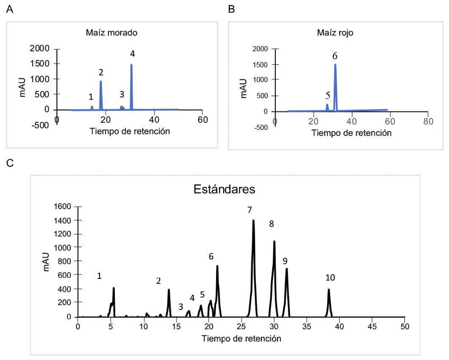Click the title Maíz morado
112,33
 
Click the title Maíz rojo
335,33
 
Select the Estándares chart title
225,190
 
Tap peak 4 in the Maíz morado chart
131,66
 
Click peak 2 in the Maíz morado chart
101,83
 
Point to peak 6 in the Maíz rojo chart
335,66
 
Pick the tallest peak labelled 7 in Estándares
254,222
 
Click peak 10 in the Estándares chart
329,291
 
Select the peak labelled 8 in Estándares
274,242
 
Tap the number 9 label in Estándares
285,262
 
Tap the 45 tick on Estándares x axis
372,327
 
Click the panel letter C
9,162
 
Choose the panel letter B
231,9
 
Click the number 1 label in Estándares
99,276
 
